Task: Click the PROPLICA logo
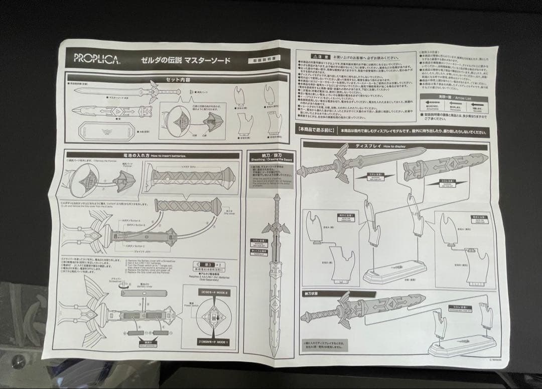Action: [x=97, y=58]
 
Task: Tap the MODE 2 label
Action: [x=213, y=291]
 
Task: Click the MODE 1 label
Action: [x=213, y=342]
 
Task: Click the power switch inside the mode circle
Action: [x=213, y=317]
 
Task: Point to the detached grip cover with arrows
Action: [x=188, y=206]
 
